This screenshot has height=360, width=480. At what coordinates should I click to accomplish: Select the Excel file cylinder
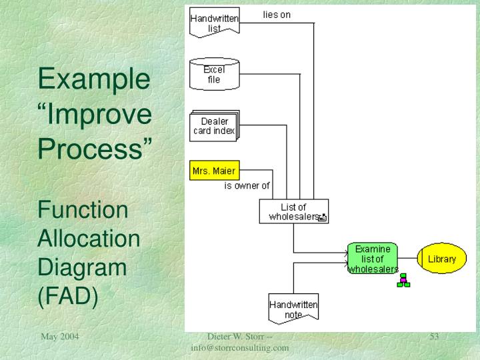pos(214,74)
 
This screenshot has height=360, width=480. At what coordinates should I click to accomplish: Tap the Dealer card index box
pos(214,126)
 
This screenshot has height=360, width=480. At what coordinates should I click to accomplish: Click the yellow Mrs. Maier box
pos(213,171)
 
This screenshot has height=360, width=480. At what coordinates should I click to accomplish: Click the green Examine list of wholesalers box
pos(373,259)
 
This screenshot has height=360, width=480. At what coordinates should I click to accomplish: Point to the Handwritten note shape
pos(293,309)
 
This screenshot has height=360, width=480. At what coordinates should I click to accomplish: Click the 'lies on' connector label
pos(277,14)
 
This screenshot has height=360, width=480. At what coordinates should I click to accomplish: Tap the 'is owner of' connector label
pos(247,186)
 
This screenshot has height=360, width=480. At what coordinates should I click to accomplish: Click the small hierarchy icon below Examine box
pos(403,280)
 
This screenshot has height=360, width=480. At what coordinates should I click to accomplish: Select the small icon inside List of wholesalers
pos(323,217)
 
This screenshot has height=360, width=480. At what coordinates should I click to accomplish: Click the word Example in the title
pos(93,80)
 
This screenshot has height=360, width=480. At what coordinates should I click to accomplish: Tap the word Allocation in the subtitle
pos(89,239)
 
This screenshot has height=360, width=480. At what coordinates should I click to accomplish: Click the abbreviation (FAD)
pos(68,295)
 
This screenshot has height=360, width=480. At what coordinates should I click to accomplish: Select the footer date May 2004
pos(60,337)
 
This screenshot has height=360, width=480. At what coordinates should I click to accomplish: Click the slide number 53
pos(434,337)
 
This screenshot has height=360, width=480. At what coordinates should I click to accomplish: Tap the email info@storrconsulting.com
pos(239,347)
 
